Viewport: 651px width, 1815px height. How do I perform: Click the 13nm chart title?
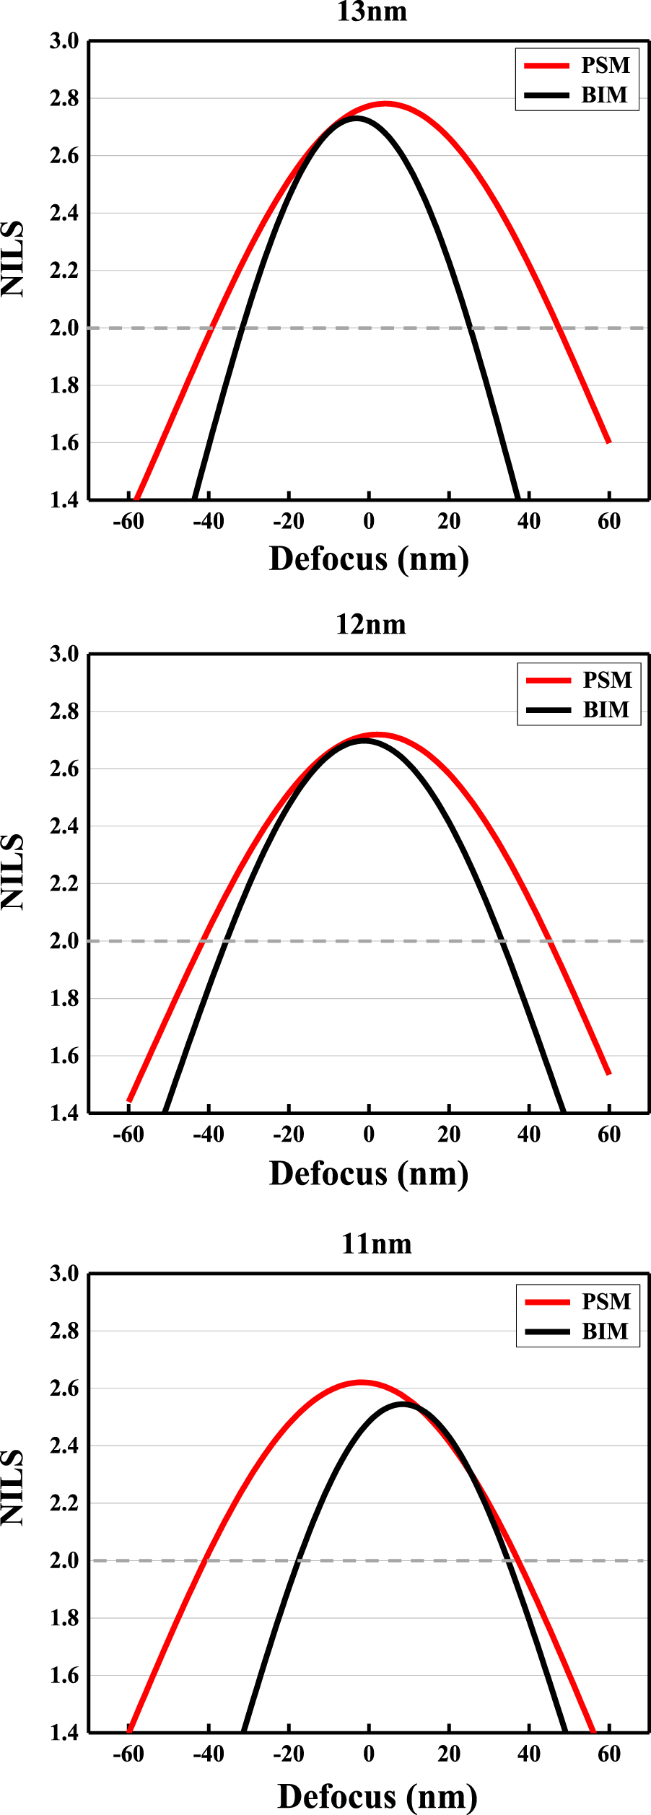click(372, 12)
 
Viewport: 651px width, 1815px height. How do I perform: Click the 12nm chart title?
click(371, 624)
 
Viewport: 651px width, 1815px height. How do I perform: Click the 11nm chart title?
click(376, 1243)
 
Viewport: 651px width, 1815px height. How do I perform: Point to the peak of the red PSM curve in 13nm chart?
click(386, 104)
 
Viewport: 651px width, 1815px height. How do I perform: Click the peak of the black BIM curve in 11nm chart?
click(403, 1404)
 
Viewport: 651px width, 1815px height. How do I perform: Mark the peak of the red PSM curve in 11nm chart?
click(362, 1383)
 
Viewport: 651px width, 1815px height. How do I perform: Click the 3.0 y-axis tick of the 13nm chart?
click(64, 42)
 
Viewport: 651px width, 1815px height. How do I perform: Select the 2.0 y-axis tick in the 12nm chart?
click(64, 940)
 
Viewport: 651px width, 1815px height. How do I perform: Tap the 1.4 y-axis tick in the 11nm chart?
click(64, 1732)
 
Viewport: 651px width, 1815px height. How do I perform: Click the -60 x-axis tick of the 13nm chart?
click(128, 521)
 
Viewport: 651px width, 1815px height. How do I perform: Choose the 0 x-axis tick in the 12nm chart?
click(369, 1134)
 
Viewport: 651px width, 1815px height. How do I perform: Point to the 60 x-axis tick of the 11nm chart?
click(609, 1754)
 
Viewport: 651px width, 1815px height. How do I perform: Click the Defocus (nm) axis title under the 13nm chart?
click(369, 559)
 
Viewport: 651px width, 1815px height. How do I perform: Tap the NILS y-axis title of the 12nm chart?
click(13, 871)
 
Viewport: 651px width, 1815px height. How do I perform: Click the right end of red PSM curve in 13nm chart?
click(609, 442)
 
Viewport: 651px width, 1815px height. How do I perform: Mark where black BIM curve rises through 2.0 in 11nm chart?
click(298, 1560)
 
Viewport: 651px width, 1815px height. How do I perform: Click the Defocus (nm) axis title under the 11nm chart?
click(377, 1796)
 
